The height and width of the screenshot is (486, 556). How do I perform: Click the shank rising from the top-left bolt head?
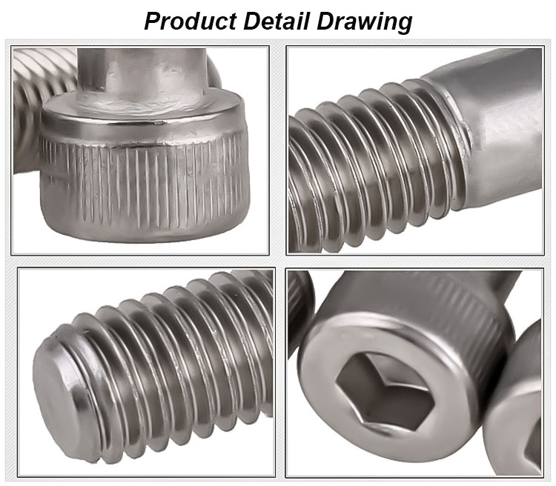click(141, 74)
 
